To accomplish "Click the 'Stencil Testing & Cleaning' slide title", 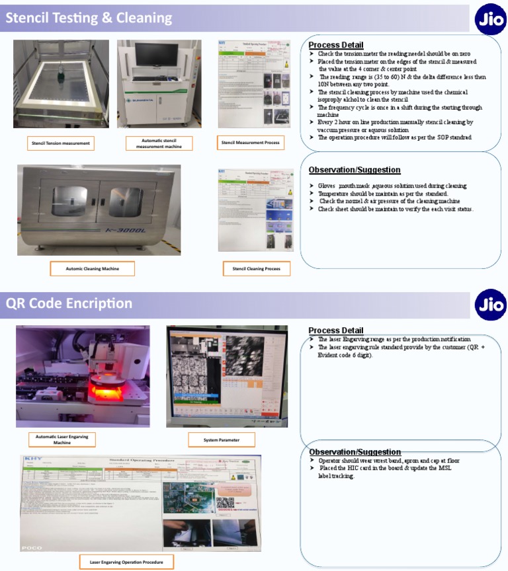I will pyautogui.click(x=89, y=19).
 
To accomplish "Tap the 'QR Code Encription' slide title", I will pyautogui.click(x=69, y=303).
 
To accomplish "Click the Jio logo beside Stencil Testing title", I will pyautogui.click(x=490, y=20).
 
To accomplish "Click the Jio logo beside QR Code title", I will pyautogui.click(x=490, y=305).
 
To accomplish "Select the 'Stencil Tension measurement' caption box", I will pyautogui.click(x=61, y=143).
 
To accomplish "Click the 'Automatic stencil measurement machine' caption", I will pyautogui.click(x=159, y=143).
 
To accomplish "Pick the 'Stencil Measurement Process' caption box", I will pyautogui.click(x=250, y=142).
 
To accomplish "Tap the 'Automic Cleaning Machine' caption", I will pyautogui.click(x=92, y=268).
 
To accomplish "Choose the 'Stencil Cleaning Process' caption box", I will pyautogui.click(x=256, y=268).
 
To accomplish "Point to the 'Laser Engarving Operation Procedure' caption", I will pyautogui.click(x=126, y=562).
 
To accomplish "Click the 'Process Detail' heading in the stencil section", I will pyautogui.click(x=335, y=44).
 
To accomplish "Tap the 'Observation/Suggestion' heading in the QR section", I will pyautogui.click(x=355, y=451).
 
